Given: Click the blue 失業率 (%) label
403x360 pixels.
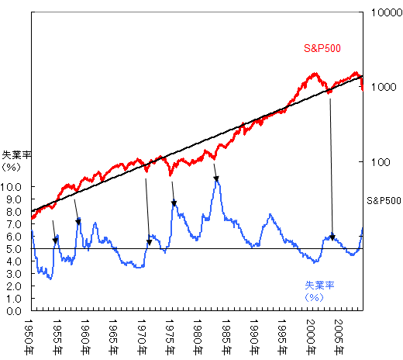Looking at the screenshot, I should coord(319,290).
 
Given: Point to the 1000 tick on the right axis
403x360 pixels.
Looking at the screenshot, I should coord(384,88).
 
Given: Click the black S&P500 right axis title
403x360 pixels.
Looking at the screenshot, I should coord(384,199).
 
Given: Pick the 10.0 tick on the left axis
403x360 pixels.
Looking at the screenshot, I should coord(15,187).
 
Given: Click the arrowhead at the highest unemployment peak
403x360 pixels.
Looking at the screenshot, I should coord(216,179).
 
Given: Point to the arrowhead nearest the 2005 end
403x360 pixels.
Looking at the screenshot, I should coord(332,237).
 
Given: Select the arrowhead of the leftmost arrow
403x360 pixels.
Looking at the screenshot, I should coord(55,241).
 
